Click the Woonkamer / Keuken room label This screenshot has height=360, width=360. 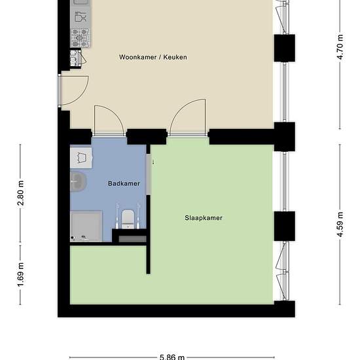point(153,57)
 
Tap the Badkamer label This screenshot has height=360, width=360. point(124,183)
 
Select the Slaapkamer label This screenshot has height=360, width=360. point(204,218)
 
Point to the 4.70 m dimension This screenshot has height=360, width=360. point(340,47)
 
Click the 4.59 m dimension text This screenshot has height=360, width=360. point(340,225)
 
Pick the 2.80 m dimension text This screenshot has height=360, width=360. point(21,193)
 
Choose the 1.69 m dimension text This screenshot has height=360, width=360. point(21,275)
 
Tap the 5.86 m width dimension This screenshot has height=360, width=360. point(172,357)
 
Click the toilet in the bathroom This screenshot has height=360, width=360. point(128,219)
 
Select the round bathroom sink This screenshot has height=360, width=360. point(78,182)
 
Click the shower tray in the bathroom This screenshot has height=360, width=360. point(86,226)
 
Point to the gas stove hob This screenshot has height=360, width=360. point(80,38)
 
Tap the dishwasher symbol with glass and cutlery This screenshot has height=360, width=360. point(81,17)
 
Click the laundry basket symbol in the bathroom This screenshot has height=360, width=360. point(81,158)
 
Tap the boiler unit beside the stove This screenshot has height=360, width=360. point(76,58)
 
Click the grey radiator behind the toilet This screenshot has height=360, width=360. point(132,239)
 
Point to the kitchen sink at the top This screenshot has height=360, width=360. point(81,3)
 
